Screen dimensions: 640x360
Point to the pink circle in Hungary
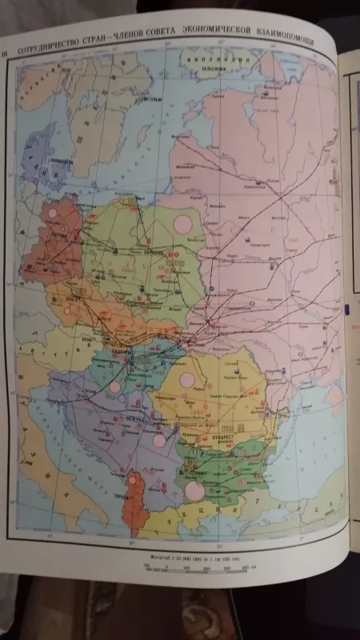[114, 386]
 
